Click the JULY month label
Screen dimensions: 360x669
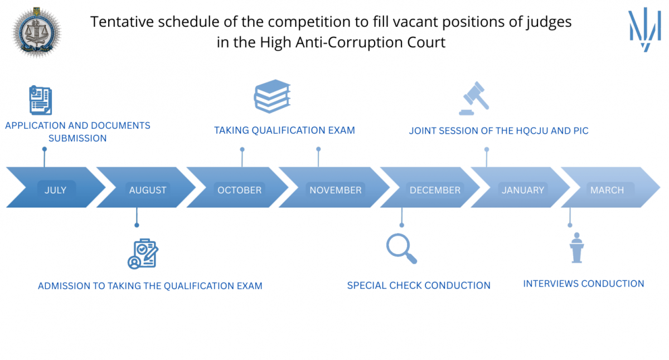tap(55, 190)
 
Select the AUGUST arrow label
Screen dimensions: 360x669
tap(148, 190)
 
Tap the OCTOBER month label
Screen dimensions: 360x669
tap(239, 190)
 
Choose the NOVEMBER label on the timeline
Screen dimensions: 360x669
tap(336, 190)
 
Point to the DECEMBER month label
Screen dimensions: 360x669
tap(435, 190)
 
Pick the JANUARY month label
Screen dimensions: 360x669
tap(522, 190)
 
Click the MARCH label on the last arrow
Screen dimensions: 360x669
tap(607, 190)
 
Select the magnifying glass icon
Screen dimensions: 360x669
tap(401, 249)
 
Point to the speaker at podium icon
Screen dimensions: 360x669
tap(576, 247)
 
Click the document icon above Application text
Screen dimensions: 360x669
tap(40, 100)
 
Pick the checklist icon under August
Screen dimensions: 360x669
tap(143, 254)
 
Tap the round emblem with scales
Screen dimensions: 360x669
tap(37, 29)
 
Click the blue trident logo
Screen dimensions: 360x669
tap(644, 29)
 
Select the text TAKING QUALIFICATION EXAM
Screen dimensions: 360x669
tap(284, 130)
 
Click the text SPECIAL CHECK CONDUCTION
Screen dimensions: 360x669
tap(419, 285)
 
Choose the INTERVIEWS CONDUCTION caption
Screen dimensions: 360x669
tap(583, 284)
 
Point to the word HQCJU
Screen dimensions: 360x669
tap(533, 131)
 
